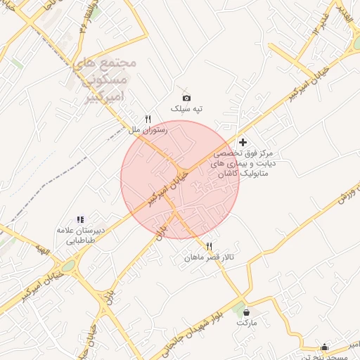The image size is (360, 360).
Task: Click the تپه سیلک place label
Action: point(188,109)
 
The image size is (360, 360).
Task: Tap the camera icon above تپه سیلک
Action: point(186,98)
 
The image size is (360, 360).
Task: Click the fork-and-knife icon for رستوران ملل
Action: point(148,120)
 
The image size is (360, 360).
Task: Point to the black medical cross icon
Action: point(243,142)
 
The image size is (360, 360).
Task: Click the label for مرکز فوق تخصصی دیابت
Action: point(246,162)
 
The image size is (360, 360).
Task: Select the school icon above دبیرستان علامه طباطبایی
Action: point(80,219)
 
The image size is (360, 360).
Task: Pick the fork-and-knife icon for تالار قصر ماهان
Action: point(209,246)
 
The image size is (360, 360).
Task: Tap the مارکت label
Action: point(247,322)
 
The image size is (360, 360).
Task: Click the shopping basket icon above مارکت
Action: point(246,311)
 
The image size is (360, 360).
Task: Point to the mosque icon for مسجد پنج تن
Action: point(323,346)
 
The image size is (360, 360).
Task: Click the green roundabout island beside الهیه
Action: point(68,266)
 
